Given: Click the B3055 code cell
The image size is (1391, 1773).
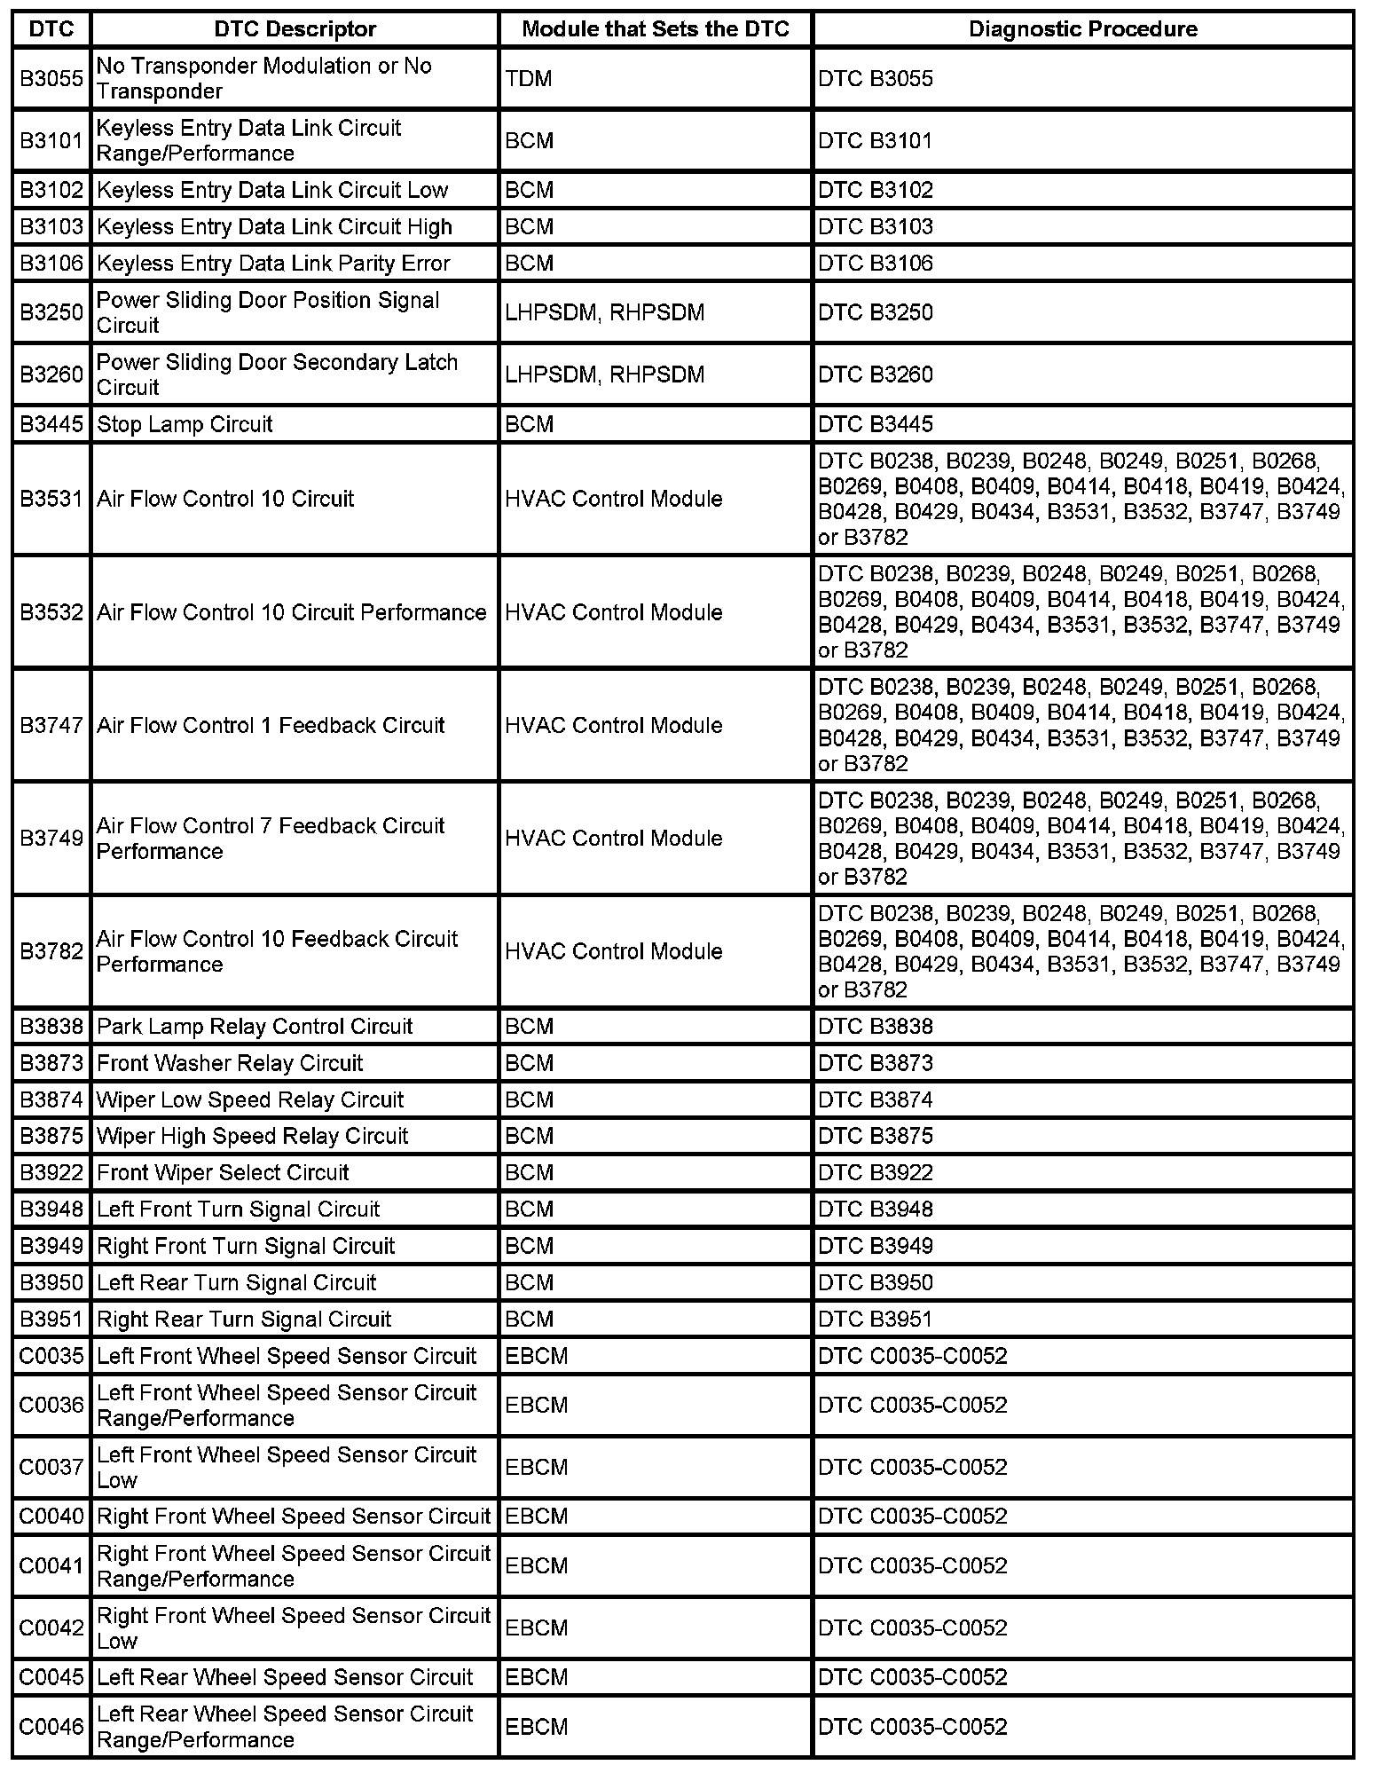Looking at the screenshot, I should (51, 79).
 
